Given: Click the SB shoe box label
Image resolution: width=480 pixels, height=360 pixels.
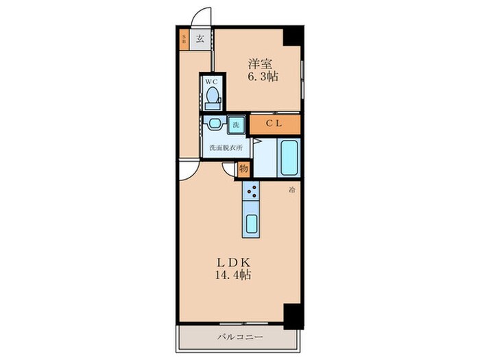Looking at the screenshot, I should [x=184, y=38].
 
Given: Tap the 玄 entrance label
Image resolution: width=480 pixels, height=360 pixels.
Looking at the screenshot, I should [x=200, y=38].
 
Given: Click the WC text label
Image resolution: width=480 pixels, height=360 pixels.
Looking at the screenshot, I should [x=212, y=81].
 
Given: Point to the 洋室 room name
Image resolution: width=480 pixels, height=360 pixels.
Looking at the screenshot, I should [x=260, y=64].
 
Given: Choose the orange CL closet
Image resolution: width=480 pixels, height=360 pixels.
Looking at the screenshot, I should [x=274, y=125].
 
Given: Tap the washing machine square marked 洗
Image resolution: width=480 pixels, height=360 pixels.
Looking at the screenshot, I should [x=235, y=125].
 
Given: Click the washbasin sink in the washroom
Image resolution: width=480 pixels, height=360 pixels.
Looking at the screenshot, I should [x=215, y=124].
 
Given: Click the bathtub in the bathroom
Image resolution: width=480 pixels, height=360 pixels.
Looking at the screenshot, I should [x=289, y=158].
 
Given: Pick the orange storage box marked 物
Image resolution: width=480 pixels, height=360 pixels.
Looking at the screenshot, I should [x=243, y=168].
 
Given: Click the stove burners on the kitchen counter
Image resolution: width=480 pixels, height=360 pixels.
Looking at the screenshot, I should [x=252, y=193].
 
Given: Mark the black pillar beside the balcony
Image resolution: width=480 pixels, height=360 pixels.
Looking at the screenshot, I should [x=293, y=315].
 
